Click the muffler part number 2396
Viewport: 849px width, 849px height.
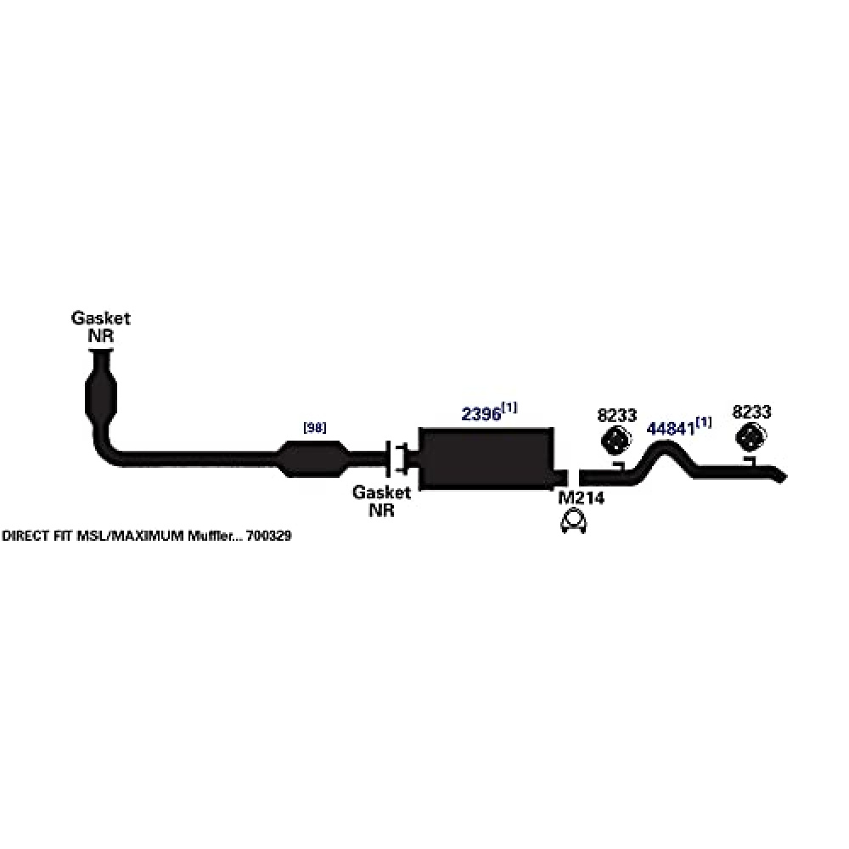481,414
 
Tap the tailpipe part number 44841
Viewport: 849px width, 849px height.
671,429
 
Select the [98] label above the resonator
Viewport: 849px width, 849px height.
315,428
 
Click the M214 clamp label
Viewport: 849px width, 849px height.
581,498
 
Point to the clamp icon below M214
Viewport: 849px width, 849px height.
574,521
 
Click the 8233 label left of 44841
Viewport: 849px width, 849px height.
616,415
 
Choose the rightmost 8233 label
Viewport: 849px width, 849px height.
751,412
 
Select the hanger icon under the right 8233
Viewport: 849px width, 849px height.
751,437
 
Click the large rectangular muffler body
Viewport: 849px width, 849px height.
486,458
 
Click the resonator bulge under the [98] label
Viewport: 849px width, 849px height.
312,459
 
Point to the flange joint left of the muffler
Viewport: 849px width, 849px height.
396,459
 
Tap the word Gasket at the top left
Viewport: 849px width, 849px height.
101,318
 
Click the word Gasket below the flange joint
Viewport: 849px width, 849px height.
382,492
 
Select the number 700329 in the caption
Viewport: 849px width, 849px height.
268,536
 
